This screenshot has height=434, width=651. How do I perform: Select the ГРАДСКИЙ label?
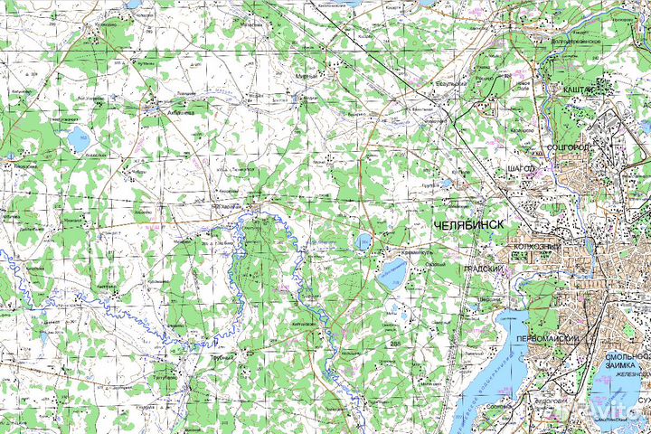[x=482, y=269]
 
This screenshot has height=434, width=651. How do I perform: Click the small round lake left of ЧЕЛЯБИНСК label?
[x=363, y=241]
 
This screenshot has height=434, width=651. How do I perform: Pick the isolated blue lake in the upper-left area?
[x=77, y=140]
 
